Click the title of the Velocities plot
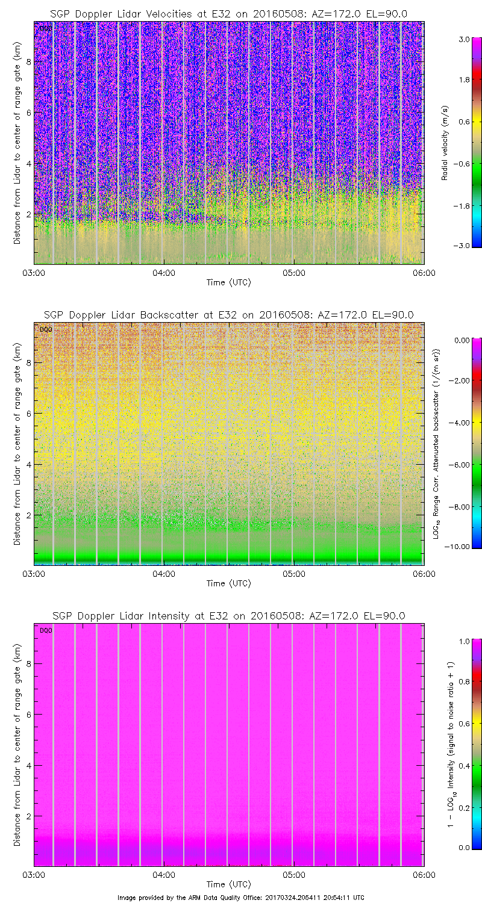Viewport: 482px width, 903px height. tap(228, 14)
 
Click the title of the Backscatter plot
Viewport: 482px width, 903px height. tap(228, 315)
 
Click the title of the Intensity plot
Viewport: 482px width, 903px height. tap(228, 616)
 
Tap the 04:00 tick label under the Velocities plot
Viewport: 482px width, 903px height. tap(163, 272)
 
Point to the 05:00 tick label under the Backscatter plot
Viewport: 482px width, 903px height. tap(293, 573)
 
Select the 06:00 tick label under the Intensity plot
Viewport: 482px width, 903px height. tap(424, 875)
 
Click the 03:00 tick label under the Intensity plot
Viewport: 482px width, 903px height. tap(34, 875)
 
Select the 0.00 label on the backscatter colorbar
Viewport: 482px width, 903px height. tap(462, 340)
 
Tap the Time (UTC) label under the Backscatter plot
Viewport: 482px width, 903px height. tap(228, 583)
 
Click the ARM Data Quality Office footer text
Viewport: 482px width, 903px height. tap(240, 897)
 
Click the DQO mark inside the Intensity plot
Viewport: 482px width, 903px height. tap(46, 630)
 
